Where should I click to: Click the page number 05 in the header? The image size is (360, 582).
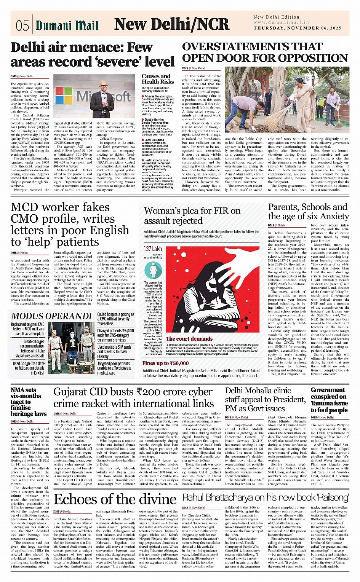click(22, 25)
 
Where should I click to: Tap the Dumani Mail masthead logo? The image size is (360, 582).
click(67, 25)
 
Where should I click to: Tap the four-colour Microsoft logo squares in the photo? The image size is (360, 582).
click(64, 95)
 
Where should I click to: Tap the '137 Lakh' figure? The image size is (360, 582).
click(152, 249)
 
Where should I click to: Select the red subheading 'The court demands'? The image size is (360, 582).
click(184, 338)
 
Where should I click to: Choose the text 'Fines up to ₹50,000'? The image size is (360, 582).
click(166, 363)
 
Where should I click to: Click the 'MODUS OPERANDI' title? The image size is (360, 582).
click(52, 316)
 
